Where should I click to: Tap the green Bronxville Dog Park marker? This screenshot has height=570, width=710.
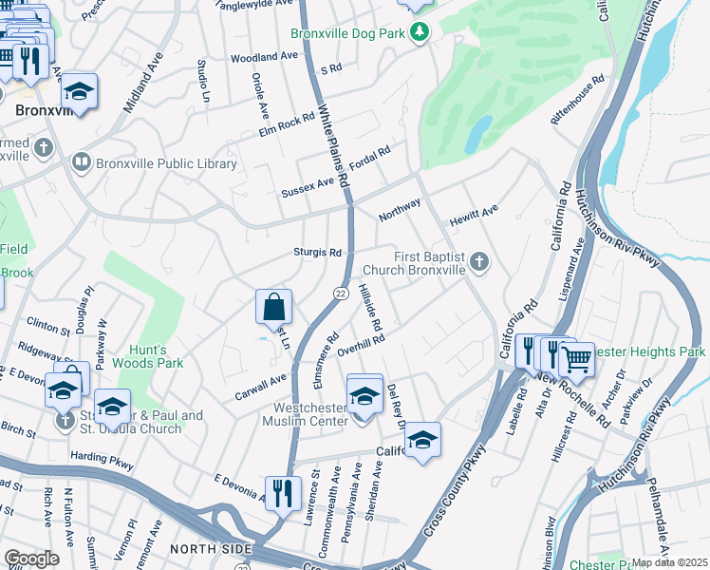[420, 34]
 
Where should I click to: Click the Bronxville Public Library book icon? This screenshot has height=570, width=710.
[83, 163]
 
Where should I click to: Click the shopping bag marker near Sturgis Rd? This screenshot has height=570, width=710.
[272, 307]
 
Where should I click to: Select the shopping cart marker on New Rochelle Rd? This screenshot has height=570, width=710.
[576, 359]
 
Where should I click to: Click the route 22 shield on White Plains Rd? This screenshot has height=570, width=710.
[339, 294]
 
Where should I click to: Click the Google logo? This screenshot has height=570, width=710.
[31, 559]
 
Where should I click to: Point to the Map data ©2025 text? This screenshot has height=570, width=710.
[669, 562]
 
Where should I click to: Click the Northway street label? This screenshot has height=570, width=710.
[399, 209]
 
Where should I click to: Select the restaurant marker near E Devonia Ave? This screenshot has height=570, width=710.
[283, 493]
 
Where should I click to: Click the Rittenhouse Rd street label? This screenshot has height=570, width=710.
[577, 104]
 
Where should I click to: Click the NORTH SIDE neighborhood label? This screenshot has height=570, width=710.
[210, 549]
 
